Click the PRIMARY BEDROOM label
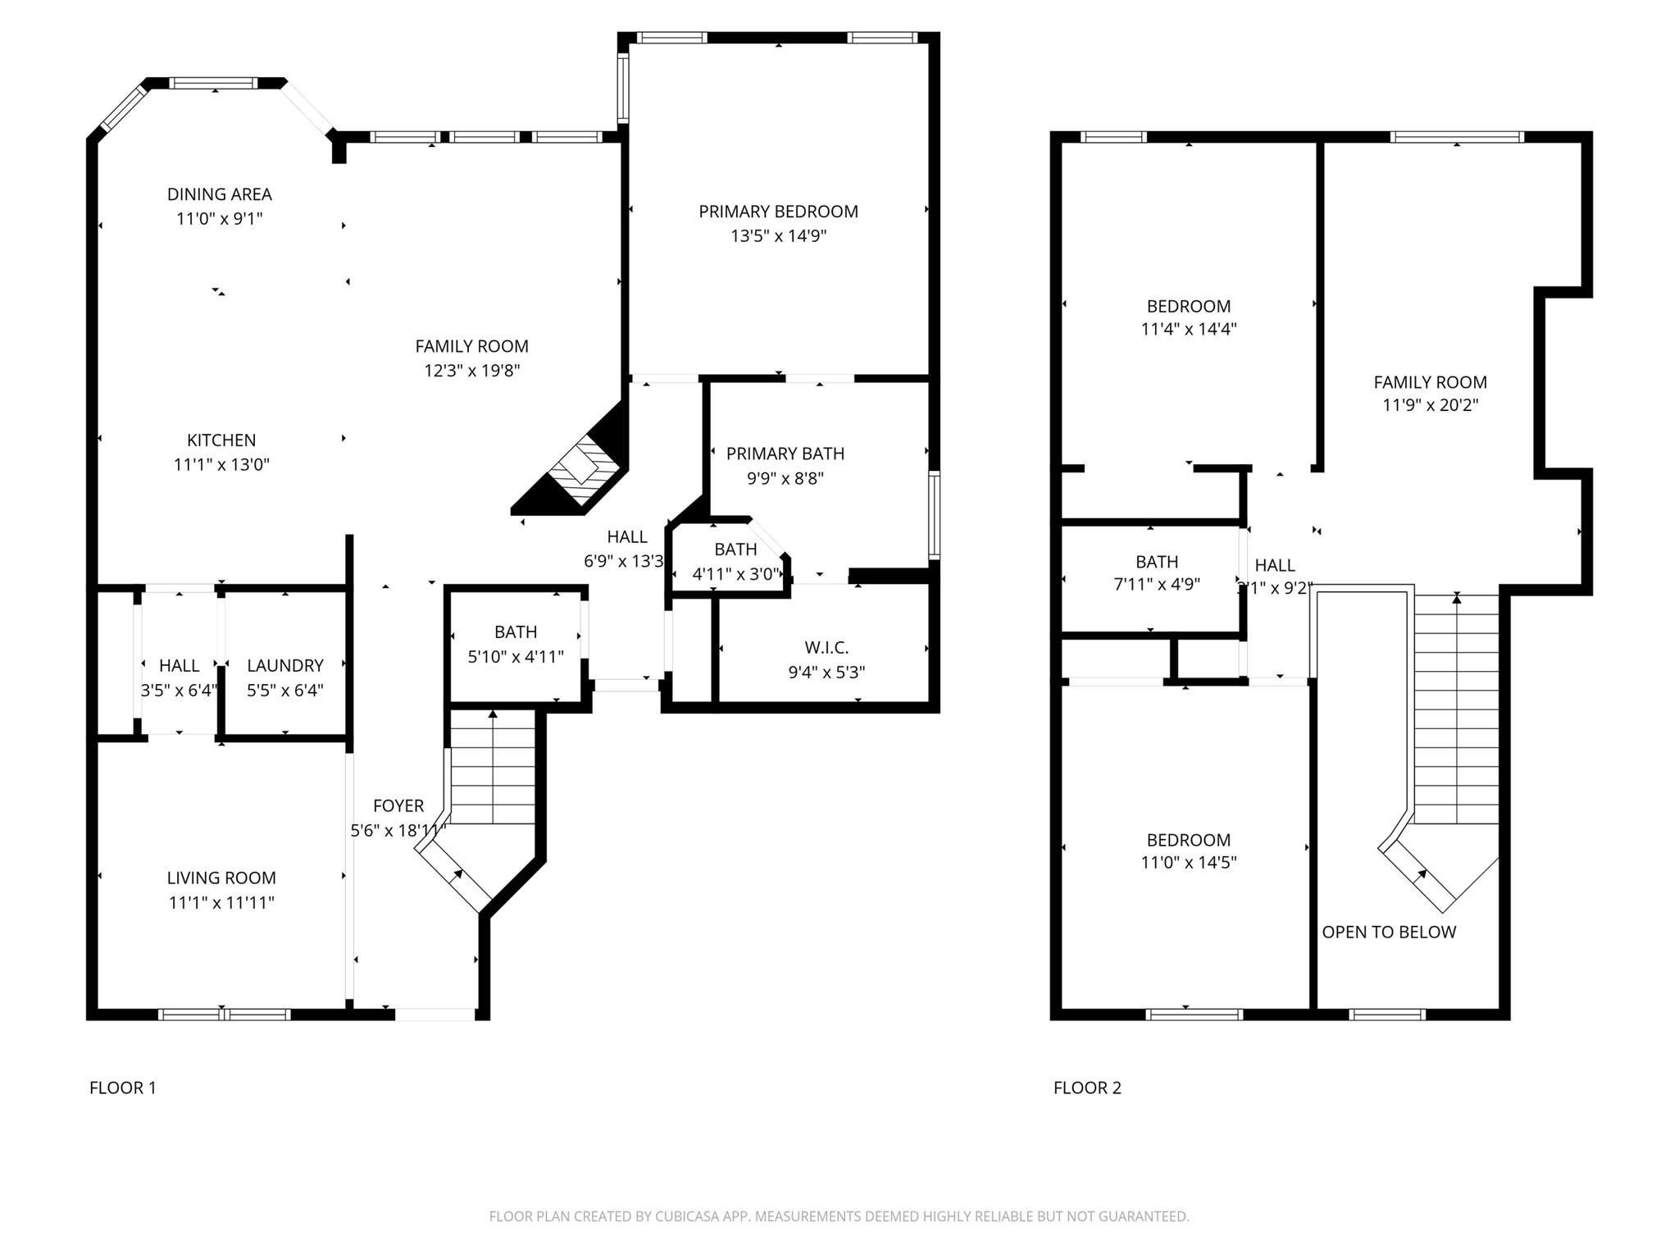778,212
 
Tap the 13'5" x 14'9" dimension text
778,236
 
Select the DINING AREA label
219,194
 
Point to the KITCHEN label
221,440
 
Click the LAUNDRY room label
285,666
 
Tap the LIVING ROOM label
221,878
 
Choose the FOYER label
398,806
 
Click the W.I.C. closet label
826,648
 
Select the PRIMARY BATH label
785,454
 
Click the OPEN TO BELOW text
1389,933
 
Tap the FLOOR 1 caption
122,1088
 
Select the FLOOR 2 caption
1087,1088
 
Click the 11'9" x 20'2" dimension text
1430,405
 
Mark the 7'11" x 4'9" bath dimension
1157,585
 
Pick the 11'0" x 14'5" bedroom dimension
1188,863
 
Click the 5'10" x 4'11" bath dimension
516,657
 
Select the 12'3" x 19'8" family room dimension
471,371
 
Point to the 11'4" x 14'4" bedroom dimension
1188,330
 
